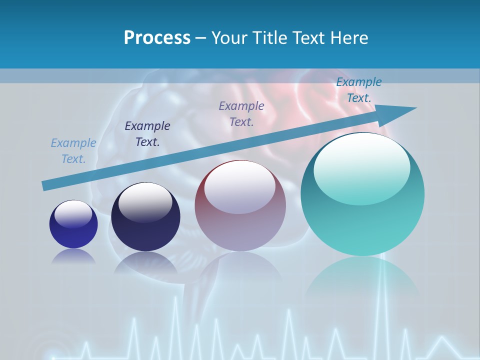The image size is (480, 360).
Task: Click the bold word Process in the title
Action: click(157, 38)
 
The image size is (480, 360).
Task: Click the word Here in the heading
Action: click(348, 38)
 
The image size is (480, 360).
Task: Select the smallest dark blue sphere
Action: click(73, 224)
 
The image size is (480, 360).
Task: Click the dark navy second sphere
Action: click(145, 217)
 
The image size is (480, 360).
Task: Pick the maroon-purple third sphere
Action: click(240, 205)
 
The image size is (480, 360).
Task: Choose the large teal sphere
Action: click(362, 194)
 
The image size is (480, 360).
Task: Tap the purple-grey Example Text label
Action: click(241, 114)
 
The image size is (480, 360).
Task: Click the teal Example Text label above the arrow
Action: click(358, 90)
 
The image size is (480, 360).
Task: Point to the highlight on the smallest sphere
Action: click(73, 214)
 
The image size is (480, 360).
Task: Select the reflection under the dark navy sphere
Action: click(145, 262)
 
